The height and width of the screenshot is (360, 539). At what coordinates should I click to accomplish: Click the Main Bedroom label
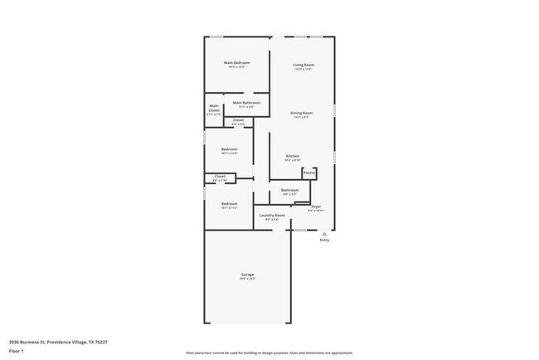point(236,63)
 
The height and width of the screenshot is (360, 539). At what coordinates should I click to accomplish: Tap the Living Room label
point(303,64)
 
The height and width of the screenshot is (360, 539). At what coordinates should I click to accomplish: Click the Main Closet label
point(214,108)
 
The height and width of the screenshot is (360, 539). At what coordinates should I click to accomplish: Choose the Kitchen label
point(293,156)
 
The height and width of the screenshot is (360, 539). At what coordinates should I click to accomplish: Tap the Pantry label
point(308,173)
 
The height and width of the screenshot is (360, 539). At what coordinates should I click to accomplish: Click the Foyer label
point(316,205)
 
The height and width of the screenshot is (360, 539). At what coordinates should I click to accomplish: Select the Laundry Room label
point(272,216)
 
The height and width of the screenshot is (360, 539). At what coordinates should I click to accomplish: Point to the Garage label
point(247,275)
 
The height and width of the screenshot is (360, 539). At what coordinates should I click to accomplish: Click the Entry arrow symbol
point(324,233)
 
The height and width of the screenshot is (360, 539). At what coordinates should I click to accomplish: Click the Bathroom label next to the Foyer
point(289,190)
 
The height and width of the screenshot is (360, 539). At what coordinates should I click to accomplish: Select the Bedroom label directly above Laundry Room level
point(229,203)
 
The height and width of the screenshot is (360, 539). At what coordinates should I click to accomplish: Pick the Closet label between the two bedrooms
point(220,176)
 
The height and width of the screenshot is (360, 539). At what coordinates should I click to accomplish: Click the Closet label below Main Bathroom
point(238,120)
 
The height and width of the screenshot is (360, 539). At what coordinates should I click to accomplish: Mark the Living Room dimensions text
point(303,69)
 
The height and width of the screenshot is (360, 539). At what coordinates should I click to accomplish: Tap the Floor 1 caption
point(17,352)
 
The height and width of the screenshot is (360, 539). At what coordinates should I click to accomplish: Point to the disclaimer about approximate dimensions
point(269,353)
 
